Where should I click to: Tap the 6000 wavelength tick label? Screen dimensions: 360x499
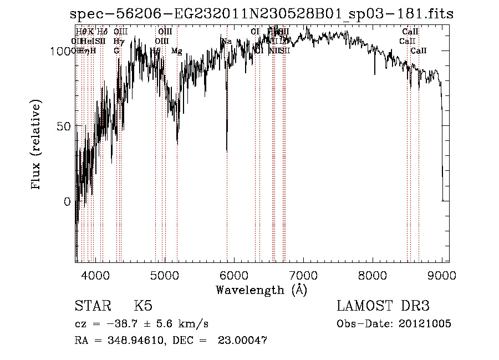(233, 276)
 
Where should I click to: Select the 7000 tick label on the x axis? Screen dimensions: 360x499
(303, 276)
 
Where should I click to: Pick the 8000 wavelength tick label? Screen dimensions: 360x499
(373, 276)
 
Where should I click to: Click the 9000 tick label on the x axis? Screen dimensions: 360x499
(442, 276)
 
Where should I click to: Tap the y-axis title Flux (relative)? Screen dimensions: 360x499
(37, 146)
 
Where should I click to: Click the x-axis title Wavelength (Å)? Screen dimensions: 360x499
(261, 290)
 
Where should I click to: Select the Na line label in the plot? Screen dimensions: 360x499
(226, 42)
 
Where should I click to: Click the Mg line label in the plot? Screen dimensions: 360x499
(176, 51)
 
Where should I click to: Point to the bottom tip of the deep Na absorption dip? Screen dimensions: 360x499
(227, 151)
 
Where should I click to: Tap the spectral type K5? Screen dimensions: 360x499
(143, 306)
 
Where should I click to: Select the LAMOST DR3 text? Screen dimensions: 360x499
(383, 306)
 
